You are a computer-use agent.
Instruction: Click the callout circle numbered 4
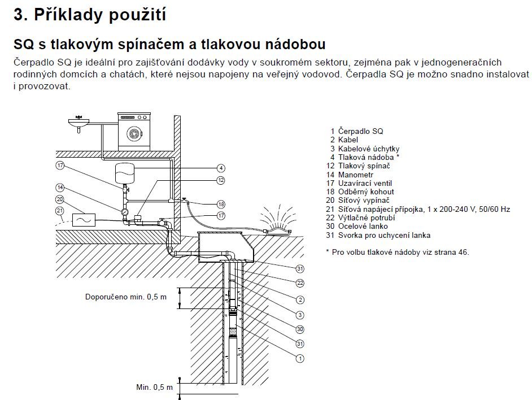click(221, 168)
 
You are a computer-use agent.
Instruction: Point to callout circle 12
click(221, 180)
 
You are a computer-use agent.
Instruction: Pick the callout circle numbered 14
click(60, 188)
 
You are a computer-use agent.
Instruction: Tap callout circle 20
click(60, 199)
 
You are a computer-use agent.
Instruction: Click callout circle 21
click(60, 211)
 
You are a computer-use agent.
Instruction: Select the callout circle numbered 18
click(221, 204)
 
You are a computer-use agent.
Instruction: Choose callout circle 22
click(300, 282)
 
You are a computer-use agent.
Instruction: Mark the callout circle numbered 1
click(300, 358)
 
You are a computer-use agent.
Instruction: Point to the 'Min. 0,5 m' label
click(151, 388)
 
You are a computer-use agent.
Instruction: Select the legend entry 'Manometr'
click(357, 175)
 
